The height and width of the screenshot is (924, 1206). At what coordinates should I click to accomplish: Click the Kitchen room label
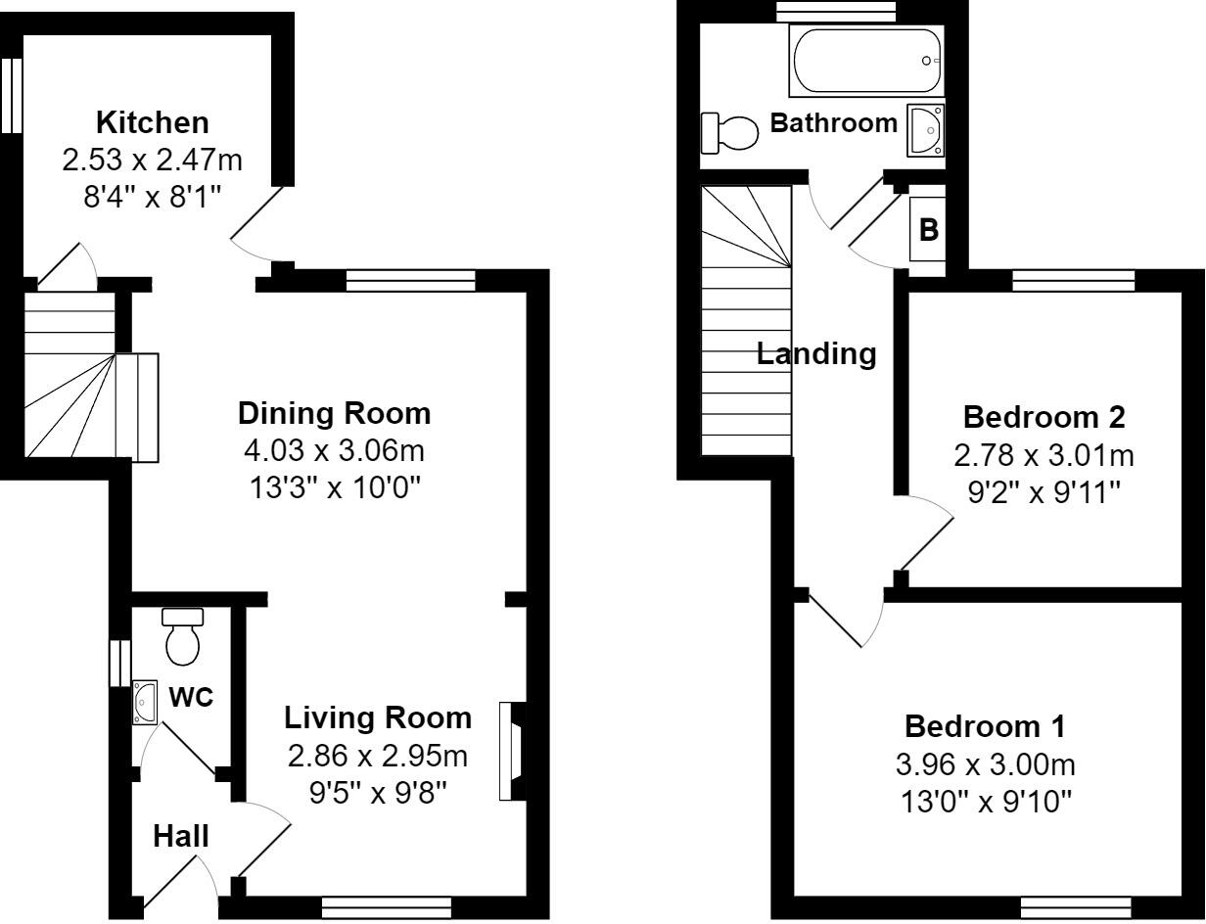click(x=153, y=122)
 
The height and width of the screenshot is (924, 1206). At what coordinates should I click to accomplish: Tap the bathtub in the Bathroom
click(x=866, y=61)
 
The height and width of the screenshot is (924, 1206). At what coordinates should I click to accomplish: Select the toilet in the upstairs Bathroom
click(x=730, y=133)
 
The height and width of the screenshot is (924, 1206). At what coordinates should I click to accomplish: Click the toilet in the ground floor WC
click(x=183, y=636)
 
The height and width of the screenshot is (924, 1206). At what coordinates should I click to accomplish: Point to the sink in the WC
click(x=145, y=703)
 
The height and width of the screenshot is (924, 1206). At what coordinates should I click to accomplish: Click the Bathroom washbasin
click(x=926, y=130)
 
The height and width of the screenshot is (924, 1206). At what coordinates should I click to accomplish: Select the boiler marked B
click(x=927, y=229)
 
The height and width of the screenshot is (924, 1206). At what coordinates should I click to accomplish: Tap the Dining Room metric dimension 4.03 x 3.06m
click(x=334, y=450)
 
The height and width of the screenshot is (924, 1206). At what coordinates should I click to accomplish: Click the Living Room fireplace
click(x=512, y=752)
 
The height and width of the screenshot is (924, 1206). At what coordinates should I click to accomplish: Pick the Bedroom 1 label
click(x=985, y=726)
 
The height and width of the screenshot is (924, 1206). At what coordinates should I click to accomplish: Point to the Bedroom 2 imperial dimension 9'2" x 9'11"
click(x=1044, y=491)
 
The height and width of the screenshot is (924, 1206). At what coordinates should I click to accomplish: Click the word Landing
click(x=816, y=354)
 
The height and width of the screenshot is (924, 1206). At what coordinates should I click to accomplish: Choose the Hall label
click(x=181, y=836)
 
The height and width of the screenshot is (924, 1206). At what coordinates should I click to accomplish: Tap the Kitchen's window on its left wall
click(x=11, y=96)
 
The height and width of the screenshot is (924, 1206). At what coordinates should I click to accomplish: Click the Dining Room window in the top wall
click(x=411, y=281)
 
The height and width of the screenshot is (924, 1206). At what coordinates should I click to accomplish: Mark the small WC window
click(x=119, y=664)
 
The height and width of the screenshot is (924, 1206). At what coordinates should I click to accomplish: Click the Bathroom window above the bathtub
click(x=836, y=12)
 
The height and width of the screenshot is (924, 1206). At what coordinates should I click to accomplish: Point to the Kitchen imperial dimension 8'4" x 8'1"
click(x=153, y=197)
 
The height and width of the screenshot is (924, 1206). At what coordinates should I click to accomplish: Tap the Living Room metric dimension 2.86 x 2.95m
click(x=378, y=757)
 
